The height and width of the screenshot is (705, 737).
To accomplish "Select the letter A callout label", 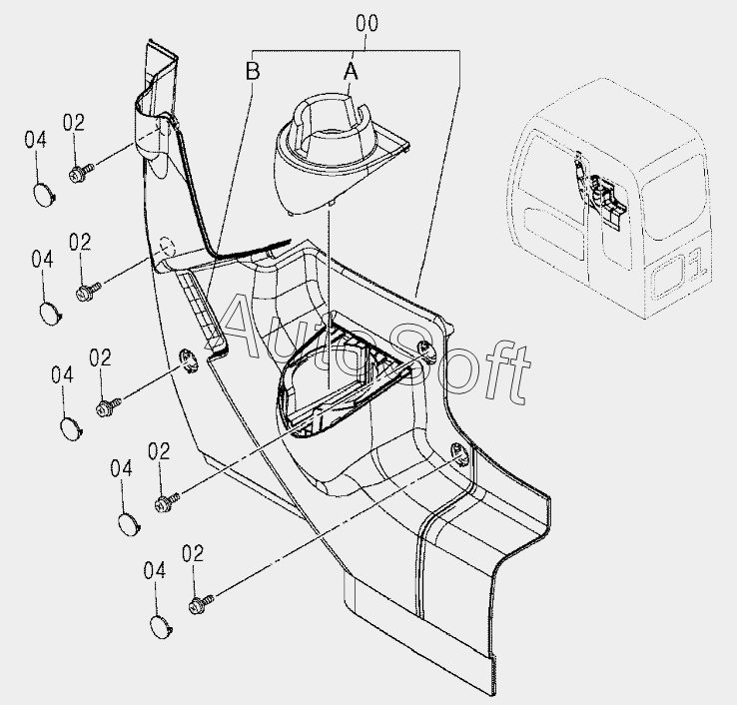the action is pyautogui.click(x=350, y=71).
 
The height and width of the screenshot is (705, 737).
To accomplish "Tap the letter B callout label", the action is pyautogui.click(x=253, y=71).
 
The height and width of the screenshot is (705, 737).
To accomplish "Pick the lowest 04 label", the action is pyautogui.click(x=154, y=570).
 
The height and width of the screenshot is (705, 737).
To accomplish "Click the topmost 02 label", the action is pyautogui.click(x=74, y=122).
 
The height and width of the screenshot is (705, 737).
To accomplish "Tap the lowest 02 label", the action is pyautogui.click(x=193, y=552).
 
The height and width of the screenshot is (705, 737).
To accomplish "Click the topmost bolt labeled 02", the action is pyautogui.click(x=80, y=173).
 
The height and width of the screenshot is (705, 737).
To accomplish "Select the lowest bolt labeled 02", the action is pyautogui.click(x=199, y=602).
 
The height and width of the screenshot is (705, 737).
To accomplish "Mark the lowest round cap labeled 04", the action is pyautogui.click(x=161, y=626).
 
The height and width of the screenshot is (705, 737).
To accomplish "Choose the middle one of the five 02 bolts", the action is pyautogui.click(x=107, y=405).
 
